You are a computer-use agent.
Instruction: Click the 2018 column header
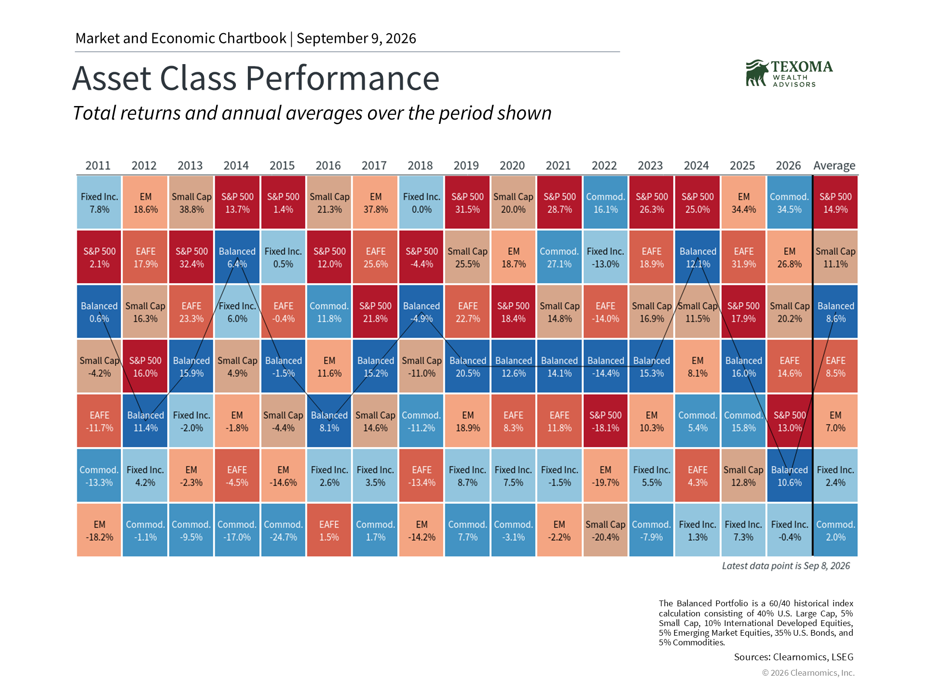[x=420, y=166]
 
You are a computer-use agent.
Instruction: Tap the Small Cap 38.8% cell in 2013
[x=191, y=202]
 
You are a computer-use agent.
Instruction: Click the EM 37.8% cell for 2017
[x=375, y=202]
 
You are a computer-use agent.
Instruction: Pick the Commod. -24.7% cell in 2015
[x=283, y=530]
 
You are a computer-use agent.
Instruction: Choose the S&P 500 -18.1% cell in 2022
[x=605, y=421]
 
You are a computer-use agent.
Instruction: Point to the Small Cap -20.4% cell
[x=605, y=530]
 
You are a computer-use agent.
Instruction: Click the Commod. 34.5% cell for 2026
[x=790, y=202]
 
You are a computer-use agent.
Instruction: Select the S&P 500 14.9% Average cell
[x=836, y=202]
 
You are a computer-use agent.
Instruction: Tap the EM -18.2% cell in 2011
[x=99, y=530]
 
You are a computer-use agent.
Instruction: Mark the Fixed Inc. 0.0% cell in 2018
[x=421, y=202]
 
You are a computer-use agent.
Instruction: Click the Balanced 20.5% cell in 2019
[x=467, y=366]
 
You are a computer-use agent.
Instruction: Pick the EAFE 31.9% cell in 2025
[x=743, y=257]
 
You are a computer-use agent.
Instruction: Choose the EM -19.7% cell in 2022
[x=605, y=476]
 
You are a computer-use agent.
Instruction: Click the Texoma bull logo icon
[x=757, y=73]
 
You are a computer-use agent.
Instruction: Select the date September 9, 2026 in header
[x=356, y=39]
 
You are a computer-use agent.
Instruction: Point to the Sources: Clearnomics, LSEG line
[x=793, y=657]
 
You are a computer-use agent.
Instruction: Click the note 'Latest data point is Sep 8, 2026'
[x=786, y=566]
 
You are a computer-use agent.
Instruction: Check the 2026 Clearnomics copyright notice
[x=808, y=673]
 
